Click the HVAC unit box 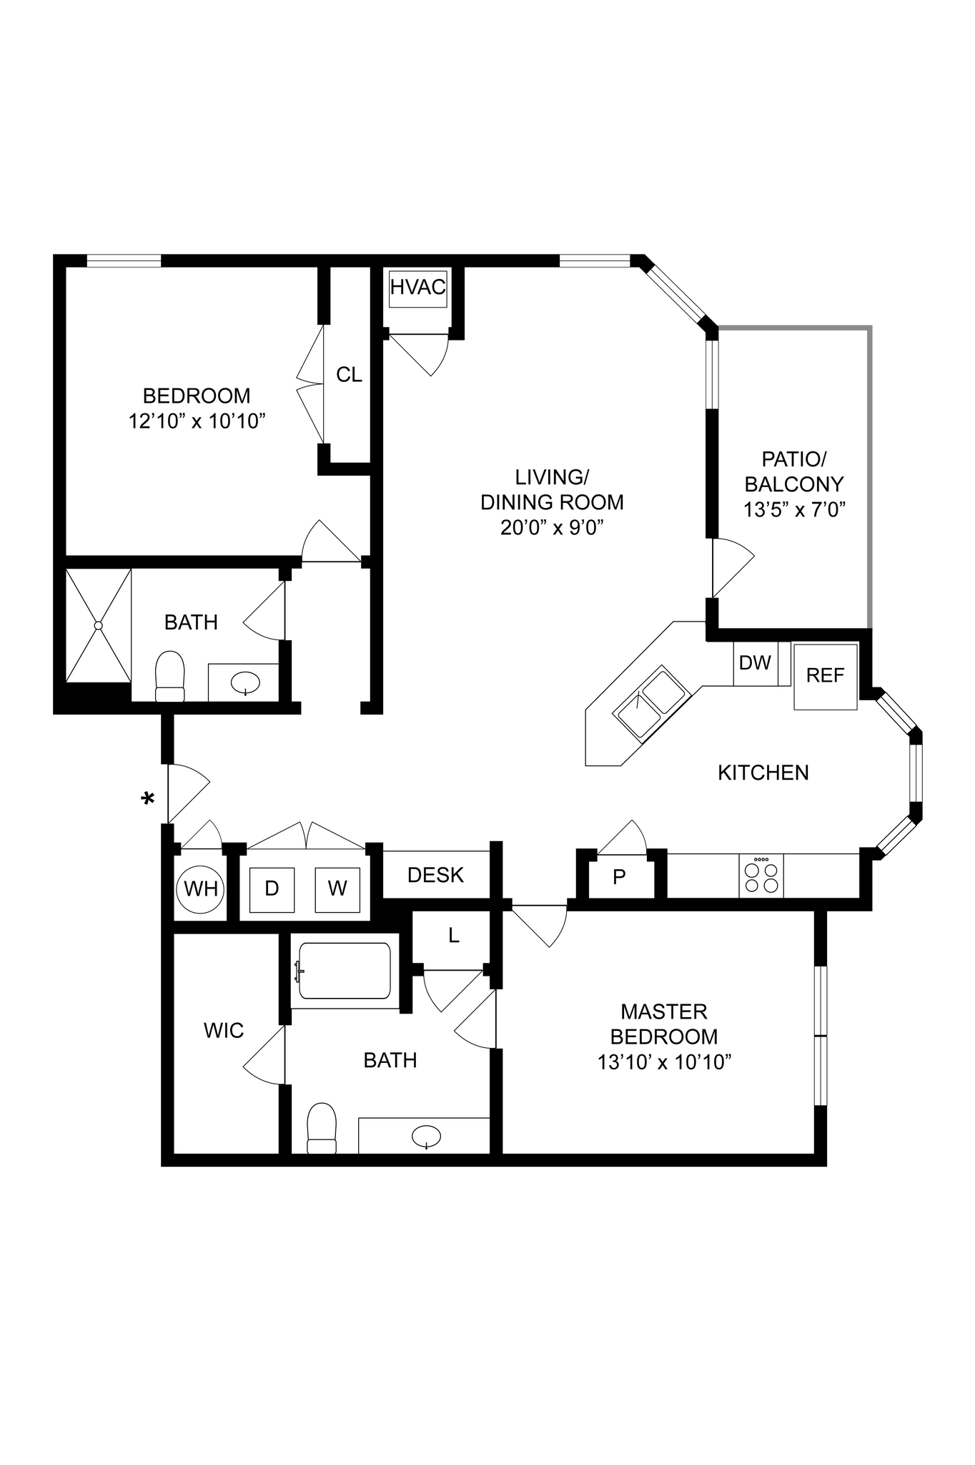[x=418, y=288]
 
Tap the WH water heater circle [x=200, y=889]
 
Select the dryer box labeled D [x=272, y=889]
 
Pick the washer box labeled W [x=337, y=889]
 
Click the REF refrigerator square [x=825, y=676]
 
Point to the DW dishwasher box [x=755, y=664]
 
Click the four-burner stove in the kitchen [x=761, y=876]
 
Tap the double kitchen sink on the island [x=650, y=702]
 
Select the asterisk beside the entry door [x=149, y=799]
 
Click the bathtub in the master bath [x=345, y=971]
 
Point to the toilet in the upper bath [x=170, y=676]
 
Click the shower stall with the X [x=99, y=626]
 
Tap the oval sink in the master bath [x=426, y=1135]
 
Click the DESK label [x=435, y=876]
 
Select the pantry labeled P [x=620, y=877]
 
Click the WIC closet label [x=224, y=1031]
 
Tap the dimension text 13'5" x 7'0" [x=794, y=510]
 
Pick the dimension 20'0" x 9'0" [x=552, y=528]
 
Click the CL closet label [x=349, y=375]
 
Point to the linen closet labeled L [x=453, y=936]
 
